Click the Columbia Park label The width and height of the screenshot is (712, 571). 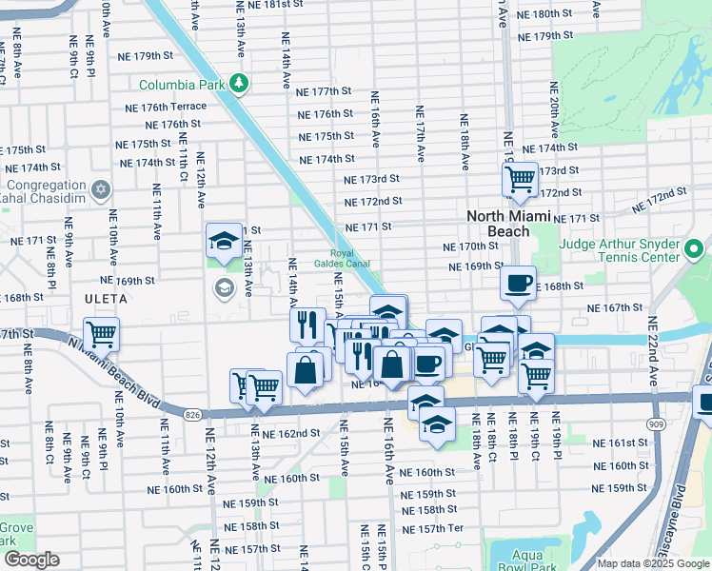[181, 85]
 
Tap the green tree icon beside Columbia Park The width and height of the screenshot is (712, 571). [238, 84]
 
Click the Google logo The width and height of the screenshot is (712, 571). [30, 560]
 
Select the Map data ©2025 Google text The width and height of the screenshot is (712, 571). [652, 563]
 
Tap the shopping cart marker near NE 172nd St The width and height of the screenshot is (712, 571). [520, 178]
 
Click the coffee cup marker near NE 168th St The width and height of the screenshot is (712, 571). [519, 282]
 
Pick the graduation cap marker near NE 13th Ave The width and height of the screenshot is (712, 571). [223, 240]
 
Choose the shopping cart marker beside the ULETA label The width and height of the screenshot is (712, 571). [101, 334]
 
